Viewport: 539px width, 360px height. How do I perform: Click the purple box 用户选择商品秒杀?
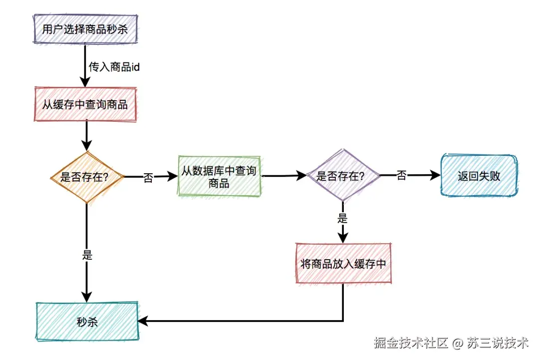click(x=84, y=29)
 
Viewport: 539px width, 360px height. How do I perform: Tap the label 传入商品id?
click(x=114, y=67)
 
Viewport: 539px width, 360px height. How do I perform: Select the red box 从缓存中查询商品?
click(x=85, y=104)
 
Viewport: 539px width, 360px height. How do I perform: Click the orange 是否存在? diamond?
click(x=87, y=177)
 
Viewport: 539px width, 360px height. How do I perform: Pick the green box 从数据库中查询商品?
click(x=219, y=177)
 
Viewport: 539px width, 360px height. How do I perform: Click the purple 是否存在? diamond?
click(x=342, y=176)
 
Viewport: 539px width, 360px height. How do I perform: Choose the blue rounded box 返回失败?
click(x=479, y=176)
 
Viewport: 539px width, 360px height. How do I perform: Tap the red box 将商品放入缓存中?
click(x=343, y=264)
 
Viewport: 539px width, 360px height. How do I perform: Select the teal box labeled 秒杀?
click(x=87, y=322)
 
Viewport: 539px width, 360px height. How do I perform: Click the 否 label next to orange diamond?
click(x=148, y=178)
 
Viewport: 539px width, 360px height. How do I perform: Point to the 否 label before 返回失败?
click(x=401, y=176)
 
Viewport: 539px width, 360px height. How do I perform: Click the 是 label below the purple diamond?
click(x=342, y=218)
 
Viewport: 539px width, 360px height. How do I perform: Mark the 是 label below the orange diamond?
click(x=87, y=255)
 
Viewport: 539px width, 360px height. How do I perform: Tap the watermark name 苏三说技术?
click(x=498, y=343)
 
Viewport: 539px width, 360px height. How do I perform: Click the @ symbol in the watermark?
click(x=458, y=344)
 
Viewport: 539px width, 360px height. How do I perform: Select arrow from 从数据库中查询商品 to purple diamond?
click(x=283, y=176)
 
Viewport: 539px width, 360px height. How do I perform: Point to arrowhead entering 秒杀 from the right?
click(x=143, y=321)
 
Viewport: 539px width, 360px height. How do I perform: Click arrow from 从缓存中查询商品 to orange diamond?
click(x=87, y=135)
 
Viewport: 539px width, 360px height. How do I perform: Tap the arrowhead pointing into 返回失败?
click(x=436, y=176)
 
